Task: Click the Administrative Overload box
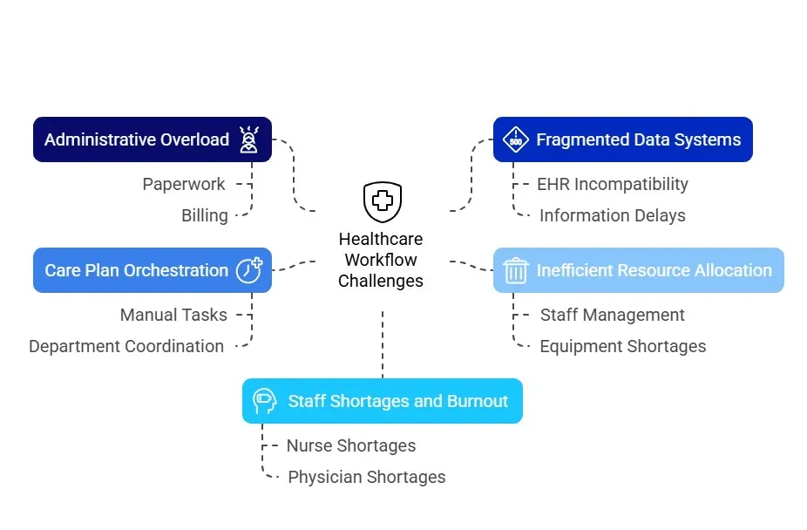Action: pyautogui.click(x=153, y=139)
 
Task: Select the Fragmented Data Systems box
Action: pyautogui.click(x=622, y=139)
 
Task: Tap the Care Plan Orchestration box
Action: pyautogui.click(x=153, y=270)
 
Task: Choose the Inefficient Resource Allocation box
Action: pyautogui.click(x=638, y=270)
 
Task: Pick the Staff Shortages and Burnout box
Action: pyautogui.click(x=382, y=401)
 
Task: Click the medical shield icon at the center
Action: pyautogui.click(x=382, y=202)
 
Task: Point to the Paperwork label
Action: pyautogui.click(x=184, y=184)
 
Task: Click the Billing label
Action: pyautogui.click(x=205, y=215)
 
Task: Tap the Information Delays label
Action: pyautogui.click(x=612, y=215)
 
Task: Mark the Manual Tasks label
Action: pyautogui.click(x=173, y=315)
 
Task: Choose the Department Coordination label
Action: pyautogui.click(x=126, y=346)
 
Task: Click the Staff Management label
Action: pyautogui.click(x=612, y=315)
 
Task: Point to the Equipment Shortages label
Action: pyautogui.click(x=622, y=346)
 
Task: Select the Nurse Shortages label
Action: pyautogui.click(x=351, y=445)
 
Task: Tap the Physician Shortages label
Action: pyautogui.click(x=366, y=477)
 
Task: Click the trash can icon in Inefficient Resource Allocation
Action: pyautogui.click(x=516, y=270)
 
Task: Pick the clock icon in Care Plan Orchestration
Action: pyautogui.click(x=249, y=269)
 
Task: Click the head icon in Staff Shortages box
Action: pyautogui.click(x=264, y=401)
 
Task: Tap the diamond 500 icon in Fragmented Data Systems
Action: pyautogui.click(x=516, y=139)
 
